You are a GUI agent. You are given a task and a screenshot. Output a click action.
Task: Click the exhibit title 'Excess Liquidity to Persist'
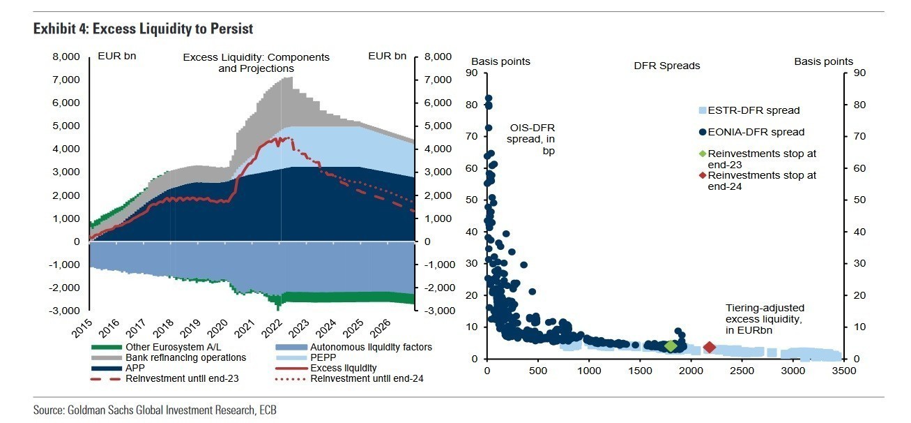coord(143,29)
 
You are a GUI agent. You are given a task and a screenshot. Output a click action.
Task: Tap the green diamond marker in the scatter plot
coord(671,346)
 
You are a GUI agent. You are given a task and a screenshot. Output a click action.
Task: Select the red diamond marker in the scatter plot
coord(710,347)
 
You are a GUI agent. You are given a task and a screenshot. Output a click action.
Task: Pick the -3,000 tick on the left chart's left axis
coord(67,311)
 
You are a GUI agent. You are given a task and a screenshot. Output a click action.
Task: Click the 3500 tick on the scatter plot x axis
coord(843,370)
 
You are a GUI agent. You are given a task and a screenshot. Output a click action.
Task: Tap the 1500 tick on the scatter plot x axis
coord(640,370)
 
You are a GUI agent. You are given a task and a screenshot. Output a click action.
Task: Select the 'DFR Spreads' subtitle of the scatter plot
coord(666,66)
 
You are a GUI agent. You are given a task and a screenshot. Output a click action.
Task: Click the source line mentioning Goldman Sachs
coord(155,410)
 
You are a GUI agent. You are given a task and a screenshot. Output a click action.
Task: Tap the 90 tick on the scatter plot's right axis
coord(857,73)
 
